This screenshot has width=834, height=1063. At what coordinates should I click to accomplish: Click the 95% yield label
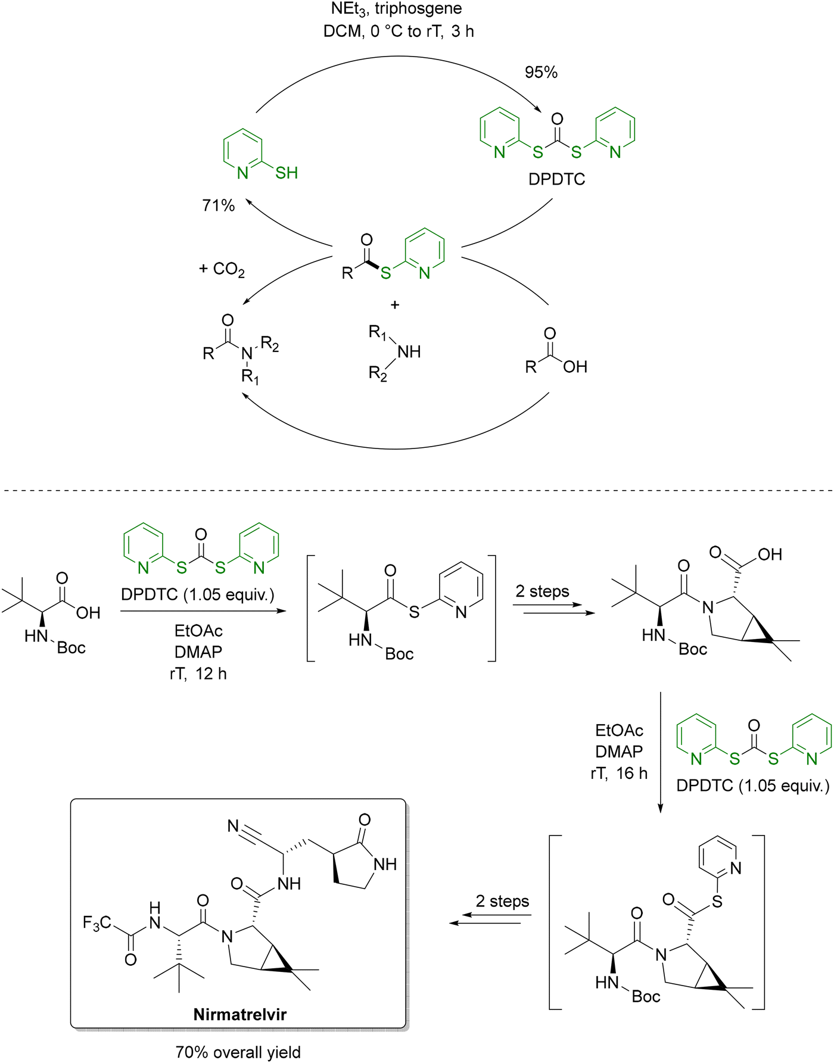(x=541, y=73)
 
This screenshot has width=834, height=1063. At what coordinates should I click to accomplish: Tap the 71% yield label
(x=219, y=205)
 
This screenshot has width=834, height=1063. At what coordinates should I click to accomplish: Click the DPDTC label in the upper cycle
(x=557, y=179)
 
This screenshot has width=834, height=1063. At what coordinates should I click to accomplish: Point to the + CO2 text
(x=222, y=270)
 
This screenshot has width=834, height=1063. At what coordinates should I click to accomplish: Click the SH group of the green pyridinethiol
(x=287, y=173)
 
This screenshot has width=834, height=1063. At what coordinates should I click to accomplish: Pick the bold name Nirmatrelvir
(x=240, y=1014)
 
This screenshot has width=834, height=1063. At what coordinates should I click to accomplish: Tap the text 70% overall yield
(x=238, y=1052)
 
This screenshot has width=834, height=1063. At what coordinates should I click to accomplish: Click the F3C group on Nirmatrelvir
(x=97, y=923)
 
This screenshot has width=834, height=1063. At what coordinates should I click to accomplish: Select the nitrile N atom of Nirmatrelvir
(x=234, y=826)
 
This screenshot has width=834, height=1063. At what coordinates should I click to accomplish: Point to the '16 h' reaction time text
(x=632, y=774)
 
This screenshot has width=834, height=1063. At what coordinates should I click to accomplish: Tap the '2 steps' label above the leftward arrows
(x=502, y=901)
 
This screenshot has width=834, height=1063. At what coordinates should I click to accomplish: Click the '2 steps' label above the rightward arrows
(x=542, y=591)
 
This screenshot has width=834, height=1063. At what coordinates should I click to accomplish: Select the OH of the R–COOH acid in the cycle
(x=575, y=367)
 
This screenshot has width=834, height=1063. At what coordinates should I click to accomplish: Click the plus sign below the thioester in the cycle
(x=395, y=305)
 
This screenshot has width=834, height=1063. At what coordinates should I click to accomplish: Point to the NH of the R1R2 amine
(x=409, y=351)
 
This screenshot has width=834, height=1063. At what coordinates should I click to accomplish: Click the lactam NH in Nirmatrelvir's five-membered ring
(x=385, y=864)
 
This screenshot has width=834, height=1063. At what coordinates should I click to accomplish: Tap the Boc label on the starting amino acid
(x=71, y=648)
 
